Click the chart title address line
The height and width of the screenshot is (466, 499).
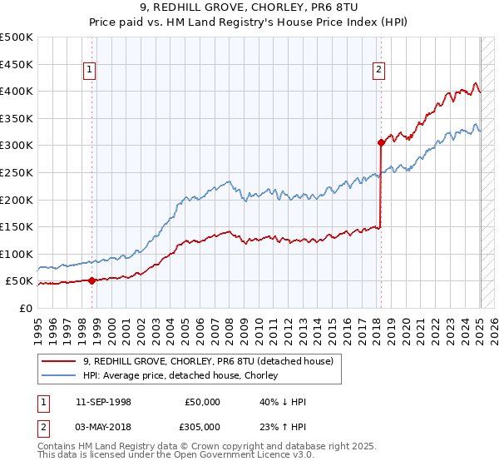(x=249, y=9)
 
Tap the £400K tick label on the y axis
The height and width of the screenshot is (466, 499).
(x=17, y=91)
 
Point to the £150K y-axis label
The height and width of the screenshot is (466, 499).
(x=17, y=226)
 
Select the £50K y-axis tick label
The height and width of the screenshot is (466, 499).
(x=19, y=280)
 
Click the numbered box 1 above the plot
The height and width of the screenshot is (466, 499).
(x=89, y=71)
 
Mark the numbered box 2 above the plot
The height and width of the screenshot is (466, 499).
(x=378, y=71)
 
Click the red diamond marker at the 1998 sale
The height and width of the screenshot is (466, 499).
(x=91, y=280)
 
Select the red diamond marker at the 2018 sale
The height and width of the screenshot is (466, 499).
(x=380, y=142)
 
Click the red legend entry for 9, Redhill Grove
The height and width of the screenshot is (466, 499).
(x=208, y=361)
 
